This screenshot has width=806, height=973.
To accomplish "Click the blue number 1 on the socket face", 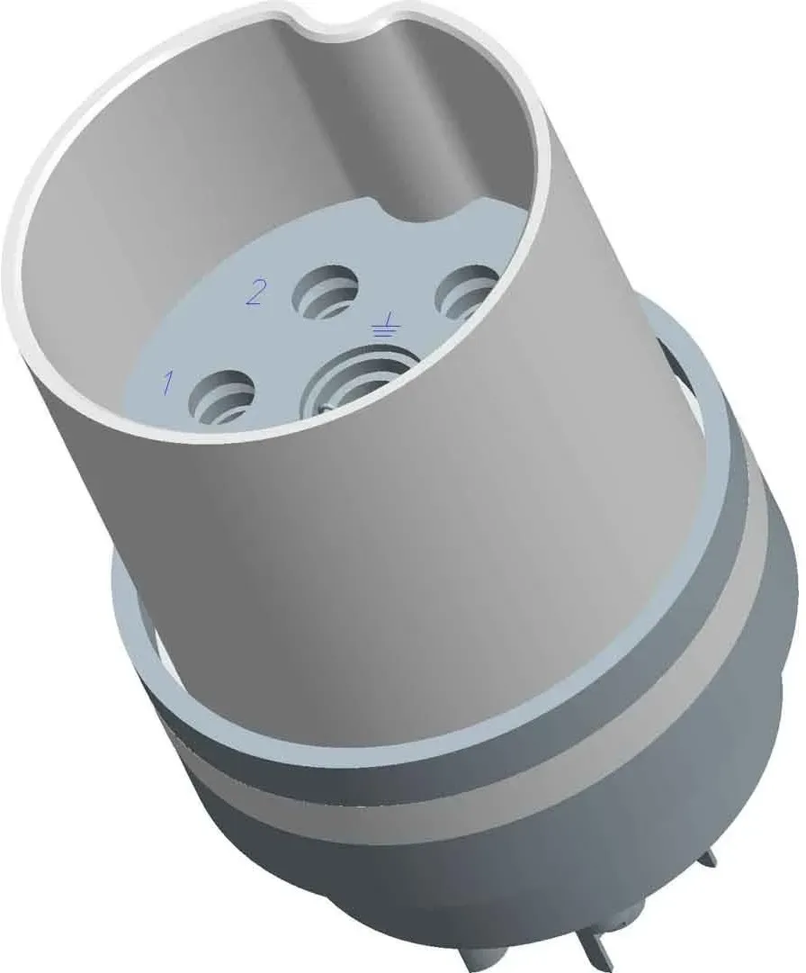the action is coord(167,383).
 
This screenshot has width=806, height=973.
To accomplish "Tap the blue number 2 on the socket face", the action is coord(255,293).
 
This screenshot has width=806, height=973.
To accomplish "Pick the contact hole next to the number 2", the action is coord(327,289).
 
